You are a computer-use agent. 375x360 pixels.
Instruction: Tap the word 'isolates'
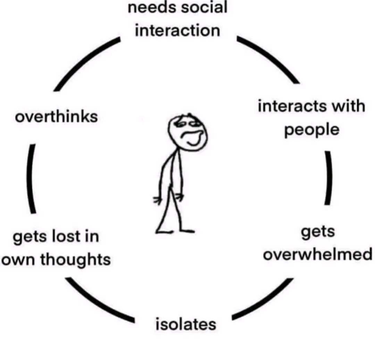[186, 324]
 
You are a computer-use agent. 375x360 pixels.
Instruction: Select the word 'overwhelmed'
[317, 254]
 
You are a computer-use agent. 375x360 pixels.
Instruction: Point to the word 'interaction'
[177, 31]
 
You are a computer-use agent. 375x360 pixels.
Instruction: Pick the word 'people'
[311, 130]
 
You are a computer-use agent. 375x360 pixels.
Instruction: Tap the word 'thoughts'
[75, 259]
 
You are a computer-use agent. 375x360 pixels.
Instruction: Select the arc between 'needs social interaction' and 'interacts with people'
[269, 59]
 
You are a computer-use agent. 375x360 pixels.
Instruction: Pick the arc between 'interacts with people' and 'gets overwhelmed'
[328, 177]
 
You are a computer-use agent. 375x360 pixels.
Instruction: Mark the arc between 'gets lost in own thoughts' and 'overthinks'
[31, 179]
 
